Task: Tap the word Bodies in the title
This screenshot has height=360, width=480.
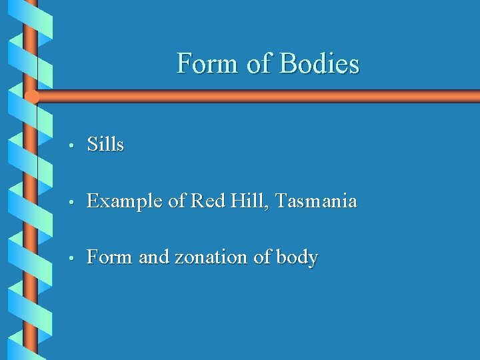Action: click(x=319, y=64)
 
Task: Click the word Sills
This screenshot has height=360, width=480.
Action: click(x=105, y=144)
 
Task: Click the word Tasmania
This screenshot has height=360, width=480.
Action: click(x=316, y=200)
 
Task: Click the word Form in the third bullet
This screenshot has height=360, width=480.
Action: click(x=109, y=257)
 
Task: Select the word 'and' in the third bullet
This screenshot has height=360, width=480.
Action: click(x=154, y=257)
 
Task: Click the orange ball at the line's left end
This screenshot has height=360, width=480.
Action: click(x=31, y=97)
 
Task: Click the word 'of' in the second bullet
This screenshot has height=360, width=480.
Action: click(x=176, y=200)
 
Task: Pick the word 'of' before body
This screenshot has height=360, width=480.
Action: click(x=261, y=257)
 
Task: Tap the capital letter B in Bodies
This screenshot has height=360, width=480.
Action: click(x=287, y=64)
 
